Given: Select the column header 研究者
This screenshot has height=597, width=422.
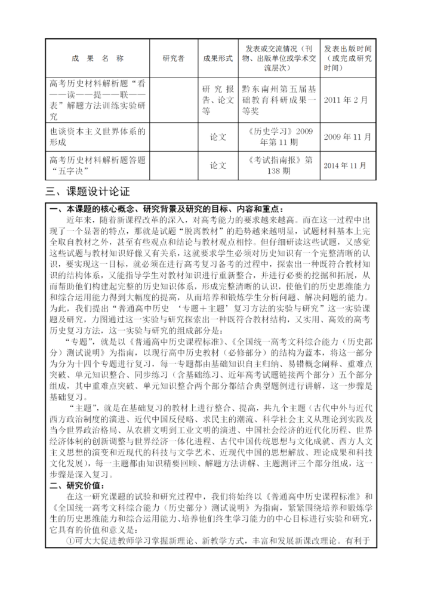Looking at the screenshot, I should point(173,58).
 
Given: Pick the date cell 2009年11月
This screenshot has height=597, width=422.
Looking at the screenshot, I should point(347,137).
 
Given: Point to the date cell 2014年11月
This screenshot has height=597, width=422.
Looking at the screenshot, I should point(347,165).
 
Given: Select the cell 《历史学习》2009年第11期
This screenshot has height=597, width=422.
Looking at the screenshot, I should point(279,137).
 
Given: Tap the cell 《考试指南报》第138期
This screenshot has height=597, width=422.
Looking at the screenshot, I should point(279,165).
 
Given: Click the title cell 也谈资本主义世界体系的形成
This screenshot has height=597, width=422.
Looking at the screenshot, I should point(98,137).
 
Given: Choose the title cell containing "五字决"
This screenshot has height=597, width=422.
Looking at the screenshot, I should point(98,165).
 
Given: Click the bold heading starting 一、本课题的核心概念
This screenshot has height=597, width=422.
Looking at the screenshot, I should point(162,209).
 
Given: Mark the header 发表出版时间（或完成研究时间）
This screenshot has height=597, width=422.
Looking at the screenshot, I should point(347,58).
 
